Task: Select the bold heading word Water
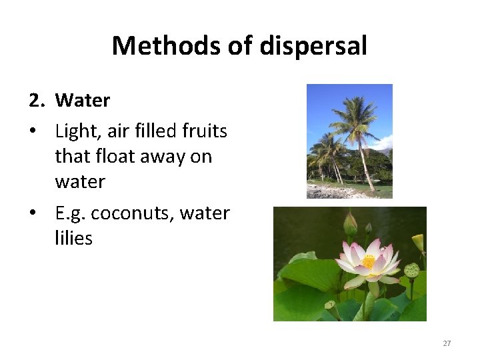coord(83,101)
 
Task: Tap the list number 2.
coord(36,101)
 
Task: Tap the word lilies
coord(73,238)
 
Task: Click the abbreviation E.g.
coord(70,213)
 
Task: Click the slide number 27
coord(447,343)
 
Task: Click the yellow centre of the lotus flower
coord(369,262)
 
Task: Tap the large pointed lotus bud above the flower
coord(350,223)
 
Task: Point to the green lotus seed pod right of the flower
coord(412,270)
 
